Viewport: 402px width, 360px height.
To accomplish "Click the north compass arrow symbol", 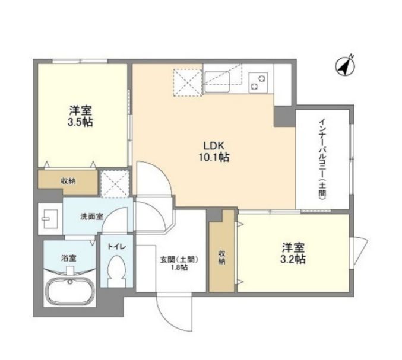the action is tap(345, 65).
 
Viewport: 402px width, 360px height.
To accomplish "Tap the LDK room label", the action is tap(214, 146).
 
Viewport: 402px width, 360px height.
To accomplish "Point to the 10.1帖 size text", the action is tap(214, 157).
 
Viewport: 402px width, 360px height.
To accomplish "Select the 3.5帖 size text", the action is tap(80, 122).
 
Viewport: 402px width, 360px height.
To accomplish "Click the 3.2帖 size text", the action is tap(293, 259).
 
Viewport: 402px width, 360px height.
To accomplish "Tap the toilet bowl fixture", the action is tap(116, 271).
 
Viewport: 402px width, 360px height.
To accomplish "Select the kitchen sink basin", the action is tap(217, 82).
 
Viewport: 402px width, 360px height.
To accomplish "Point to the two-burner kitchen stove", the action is tap(258, 82).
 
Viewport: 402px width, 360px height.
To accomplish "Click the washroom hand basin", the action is tap(50, 219).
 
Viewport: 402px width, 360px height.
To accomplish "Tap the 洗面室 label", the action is tap(92, 216).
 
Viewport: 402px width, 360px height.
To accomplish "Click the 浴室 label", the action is tap(69, 259).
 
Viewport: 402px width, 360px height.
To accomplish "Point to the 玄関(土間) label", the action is tap(179, 260).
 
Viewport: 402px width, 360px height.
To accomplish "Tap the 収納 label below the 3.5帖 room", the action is tap(68, 181).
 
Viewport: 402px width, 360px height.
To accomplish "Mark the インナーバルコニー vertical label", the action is tap(322, 159).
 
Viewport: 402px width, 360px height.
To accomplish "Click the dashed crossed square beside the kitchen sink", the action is tap(188, 82).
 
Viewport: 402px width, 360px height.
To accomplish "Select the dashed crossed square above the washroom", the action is tap(115, 184).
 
